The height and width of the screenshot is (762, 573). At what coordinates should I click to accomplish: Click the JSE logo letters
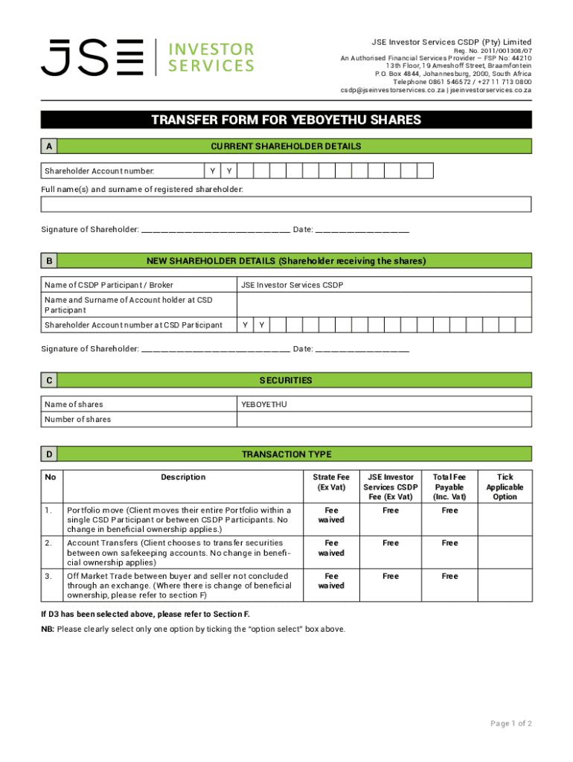pos(92,57)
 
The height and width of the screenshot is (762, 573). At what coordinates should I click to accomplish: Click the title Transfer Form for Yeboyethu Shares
pos(286,120)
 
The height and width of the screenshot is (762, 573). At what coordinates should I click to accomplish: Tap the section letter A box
pos(49,147)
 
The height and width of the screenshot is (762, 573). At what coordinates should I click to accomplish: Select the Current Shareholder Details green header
pos(296,147)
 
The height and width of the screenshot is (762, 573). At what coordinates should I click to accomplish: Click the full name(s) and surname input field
pos(286,205)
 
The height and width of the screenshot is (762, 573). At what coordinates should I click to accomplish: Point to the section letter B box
pos(49,261)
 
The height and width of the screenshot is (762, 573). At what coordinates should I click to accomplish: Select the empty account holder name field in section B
pos(383,305)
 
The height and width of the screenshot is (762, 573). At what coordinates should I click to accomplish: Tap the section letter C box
pos(49,380)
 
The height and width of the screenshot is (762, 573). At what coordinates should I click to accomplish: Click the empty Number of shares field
pos(383,419)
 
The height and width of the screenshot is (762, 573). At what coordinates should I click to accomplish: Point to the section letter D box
pos(49,454)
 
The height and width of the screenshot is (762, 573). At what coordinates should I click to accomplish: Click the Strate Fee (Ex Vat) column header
pos(331,482)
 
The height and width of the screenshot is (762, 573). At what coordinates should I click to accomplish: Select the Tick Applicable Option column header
pos(505,487)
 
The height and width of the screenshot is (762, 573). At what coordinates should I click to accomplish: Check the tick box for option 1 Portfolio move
pos(505,519)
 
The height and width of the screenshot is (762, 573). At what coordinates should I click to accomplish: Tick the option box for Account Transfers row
pos(505,552)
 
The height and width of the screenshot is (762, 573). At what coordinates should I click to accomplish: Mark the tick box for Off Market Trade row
pos(505,586)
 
